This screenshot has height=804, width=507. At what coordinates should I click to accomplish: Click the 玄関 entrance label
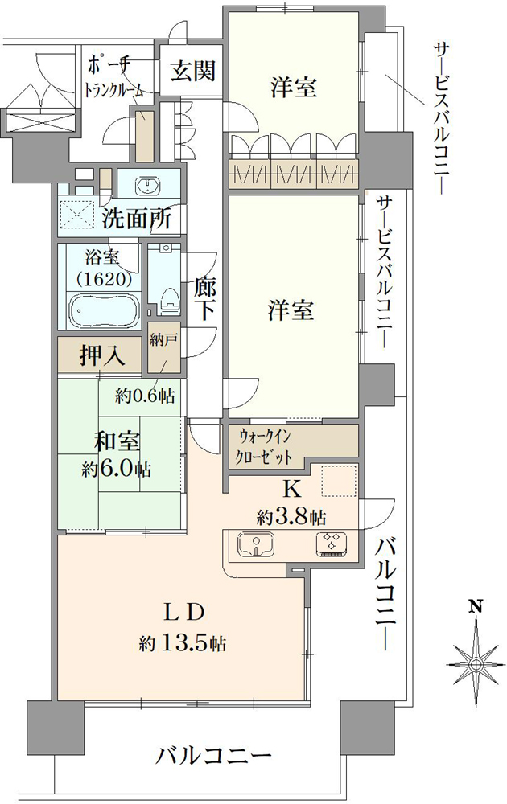click(193, 71)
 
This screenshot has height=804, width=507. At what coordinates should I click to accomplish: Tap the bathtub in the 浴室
click(104, 310)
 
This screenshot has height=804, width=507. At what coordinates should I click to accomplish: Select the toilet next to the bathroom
click(168, 300)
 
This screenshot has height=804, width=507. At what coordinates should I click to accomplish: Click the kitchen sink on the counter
click(256, 544)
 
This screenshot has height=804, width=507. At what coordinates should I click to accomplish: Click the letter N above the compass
click(476, 606)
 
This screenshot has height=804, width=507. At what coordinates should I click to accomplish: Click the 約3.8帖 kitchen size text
click(291, 517)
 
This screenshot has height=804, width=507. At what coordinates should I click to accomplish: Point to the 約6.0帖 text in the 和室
click(116, 469)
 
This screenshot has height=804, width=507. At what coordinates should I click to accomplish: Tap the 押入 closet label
click(102, 355)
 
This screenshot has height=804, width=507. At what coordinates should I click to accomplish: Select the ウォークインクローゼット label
click(263, 446)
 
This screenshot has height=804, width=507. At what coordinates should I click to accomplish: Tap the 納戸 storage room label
click(163, 340)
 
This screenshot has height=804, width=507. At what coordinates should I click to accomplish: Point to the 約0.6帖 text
click(144, 396)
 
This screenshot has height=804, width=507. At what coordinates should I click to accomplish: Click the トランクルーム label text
click(113, 90)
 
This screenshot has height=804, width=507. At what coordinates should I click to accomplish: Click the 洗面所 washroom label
click(136, 219)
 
